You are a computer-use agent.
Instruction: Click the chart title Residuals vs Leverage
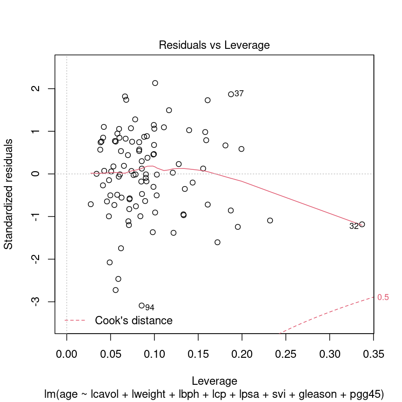click(214, 45)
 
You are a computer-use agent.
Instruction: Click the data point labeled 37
click(231, 94)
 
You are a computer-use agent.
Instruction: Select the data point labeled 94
click(141, 306)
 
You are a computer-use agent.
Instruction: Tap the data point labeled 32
click(362, 224)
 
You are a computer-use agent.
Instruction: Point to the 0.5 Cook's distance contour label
click(383, 298)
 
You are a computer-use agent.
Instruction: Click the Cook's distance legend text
click(134, 321)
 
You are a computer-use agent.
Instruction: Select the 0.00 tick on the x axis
click(67, 354)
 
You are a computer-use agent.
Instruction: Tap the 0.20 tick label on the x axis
click(242, 354)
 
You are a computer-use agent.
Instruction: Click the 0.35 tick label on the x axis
click(373, 354)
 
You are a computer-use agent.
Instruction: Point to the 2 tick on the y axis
click(35, 88)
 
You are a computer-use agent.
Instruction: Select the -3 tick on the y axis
click(35, 302)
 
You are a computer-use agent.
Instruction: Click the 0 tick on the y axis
click(35, 174)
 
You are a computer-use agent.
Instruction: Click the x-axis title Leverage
click(214, 382)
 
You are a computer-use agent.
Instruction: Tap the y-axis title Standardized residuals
click(9, 194)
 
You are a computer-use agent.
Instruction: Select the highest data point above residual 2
click(155, 83)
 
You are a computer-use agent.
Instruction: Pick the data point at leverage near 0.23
click(270, 221)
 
